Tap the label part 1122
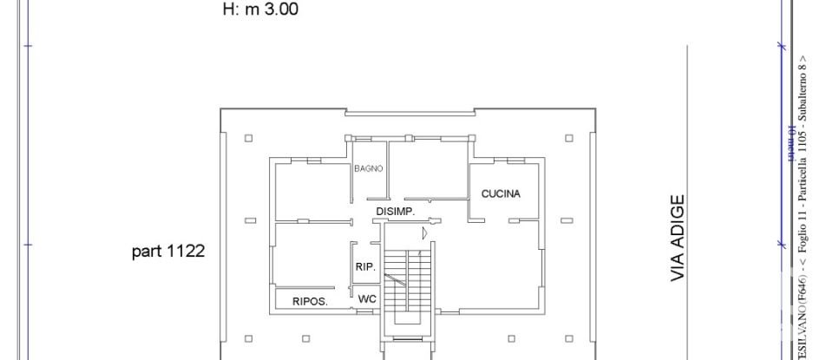pyautogui.click(x=167, y=252)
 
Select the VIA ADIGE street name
pyautogui.click(x=679, y=238)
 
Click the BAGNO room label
pyautogui.click(x=368, y=169)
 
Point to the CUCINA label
pyautogui.click(x=501, y=193)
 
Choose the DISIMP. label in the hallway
pyautogui.click(x=395, y=212)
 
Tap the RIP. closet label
pyautogui.click(x=365, y=267)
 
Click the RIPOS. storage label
pyautogui.click(x=310, y=301)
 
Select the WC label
pyautogui.click(x=366, y=298)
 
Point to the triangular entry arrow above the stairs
pyautogui.click(x=424, y=232)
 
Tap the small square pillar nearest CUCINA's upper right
pyautogui.click(x=568, y=137)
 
